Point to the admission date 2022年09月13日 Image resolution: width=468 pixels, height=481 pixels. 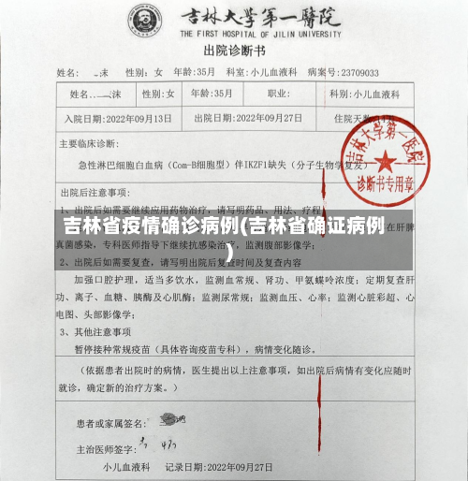(132, 119)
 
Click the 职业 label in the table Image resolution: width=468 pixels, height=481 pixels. (278, 95)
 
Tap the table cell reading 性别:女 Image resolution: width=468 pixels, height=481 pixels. (158, 95)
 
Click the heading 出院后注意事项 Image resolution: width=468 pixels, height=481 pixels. (94, 192)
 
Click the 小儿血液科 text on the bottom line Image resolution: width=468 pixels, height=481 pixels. (122, 465)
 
